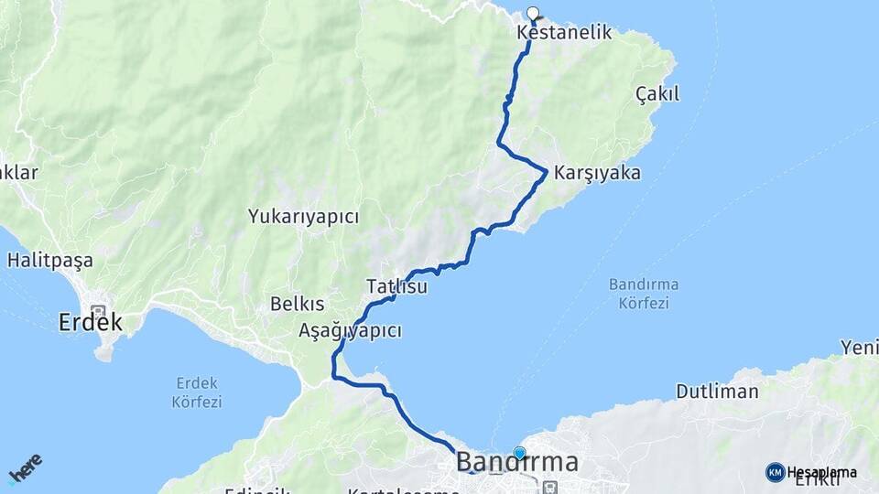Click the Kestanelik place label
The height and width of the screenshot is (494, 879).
point(564,33)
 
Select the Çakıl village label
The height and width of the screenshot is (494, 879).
point(657,93)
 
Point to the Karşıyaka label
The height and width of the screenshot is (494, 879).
point(597,173)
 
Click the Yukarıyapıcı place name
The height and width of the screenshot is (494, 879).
point(303,217)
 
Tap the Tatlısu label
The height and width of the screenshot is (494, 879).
point(396,286)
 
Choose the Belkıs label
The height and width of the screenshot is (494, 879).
point(298,305)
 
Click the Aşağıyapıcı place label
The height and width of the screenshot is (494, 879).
point(350,331)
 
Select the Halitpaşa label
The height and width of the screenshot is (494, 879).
point(49,261)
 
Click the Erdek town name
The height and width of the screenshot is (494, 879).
point(90,322)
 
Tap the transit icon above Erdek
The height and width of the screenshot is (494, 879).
point(97,311)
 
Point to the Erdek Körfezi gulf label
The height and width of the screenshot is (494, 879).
point(197,392)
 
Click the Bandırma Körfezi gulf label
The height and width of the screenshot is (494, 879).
point(639,293)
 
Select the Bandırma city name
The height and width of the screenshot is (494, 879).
point(517,462)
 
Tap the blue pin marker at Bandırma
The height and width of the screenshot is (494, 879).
point(520,452)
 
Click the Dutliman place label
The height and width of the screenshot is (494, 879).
point(717,392)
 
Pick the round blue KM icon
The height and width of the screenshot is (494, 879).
point(775,472)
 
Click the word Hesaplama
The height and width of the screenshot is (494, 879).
point(821,472)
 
